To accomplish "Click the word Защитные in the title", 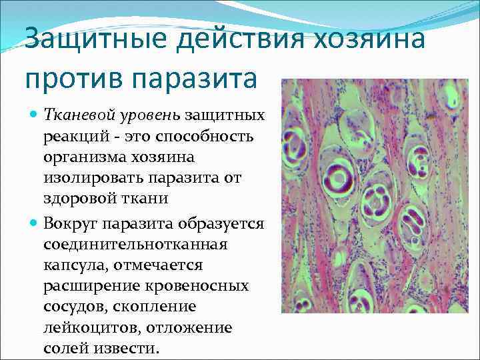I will [97, 41].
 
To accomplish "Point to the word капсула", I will [75, 265].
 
